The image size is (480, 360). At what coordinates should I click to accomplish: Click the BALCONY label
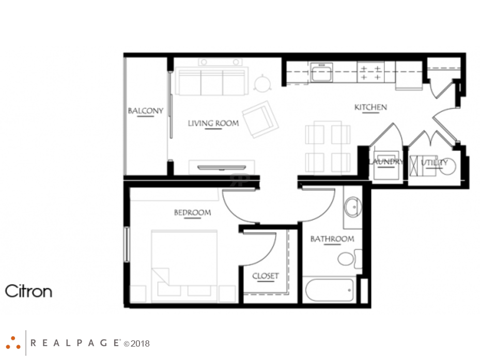[145, 111]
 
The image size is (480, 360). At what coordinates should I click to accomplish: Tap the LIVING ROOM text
[213, 123]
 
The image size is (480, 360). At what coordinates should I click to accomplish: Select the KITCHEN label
[370, 107]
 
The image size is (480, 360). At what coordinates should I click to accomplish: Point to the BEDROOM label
[192, 212]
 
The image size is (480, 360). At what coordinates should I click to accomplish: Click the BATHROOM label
[332, 239]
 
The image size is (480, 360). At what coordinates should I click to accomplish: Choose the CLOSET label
[266, 276]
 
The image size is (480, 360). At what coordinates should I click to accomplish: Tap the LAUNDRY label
[386, 162]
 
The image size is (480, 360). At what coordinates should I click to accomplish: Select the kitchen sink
[321, 72]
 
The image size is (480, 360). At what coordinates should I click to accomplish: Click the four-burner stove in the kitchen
[371, 72]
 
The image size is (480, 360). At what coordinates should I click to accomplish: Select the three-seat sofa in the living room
[210, 81]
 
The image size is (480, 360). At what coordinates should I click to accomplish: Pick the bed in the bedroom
[184, 265]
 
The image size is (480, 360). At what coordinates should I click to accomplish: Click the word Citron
[29, 291]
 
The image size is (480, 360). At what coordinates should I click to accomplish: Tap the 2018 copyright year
[139, 343]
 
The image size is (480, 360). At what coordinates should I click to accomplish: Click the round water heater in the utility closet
[447, 166]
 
